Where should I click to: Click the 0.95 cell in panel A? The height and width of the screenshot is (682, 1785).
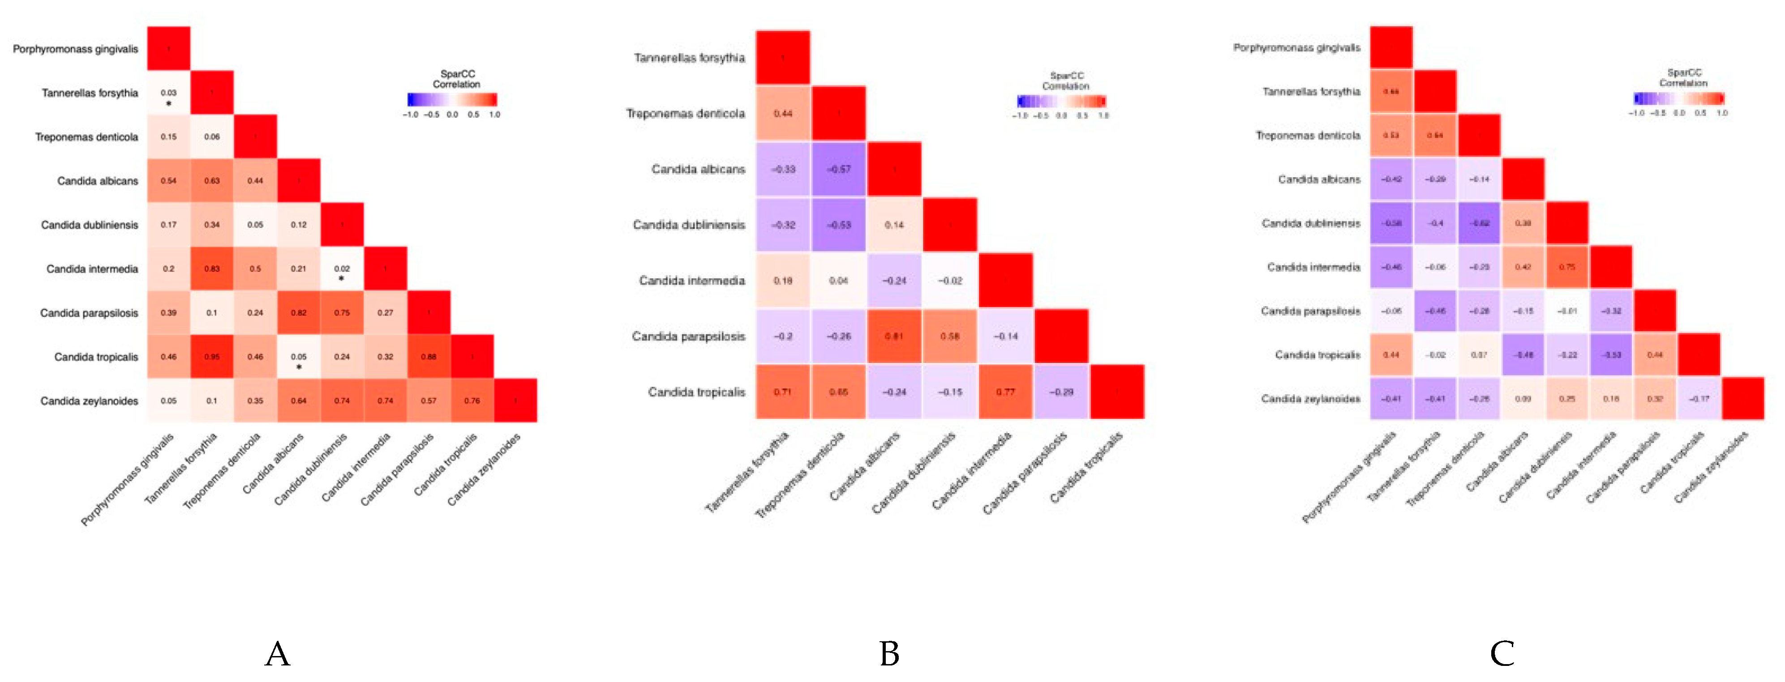click(212, 357)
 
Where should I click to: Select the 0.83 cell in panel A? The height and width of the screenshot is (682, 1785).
click(212, 269)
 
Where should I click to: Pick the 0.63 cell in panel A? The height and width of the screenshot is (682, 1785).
click(212, 181)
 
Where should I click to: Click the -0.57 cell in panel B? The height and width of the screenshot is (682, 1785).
click(838, 169)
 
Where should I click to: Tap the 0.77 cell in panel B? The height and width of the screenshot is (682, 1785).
click(1005, 392)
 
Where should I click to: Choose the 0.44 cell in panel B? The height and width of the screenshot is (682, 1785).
click(783, 114)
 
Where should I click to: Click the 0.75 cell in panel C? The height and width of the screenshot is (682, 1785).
click(1567, 267)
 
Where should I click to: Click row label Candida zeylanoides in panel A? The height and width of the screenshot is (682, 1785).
click(90, 401)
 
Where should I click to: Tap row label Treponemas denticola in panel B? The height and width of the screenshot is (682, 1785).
click(685, 114)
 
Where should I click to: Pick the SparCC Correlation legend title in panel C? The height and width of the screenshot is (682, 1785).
click(1683, 77)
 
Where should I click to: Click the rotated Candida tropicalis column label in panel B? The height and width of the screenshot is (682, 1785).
click(1086, 468)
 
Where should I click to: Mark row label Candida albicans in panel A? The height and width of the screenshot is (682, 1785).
click(98, 181)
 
